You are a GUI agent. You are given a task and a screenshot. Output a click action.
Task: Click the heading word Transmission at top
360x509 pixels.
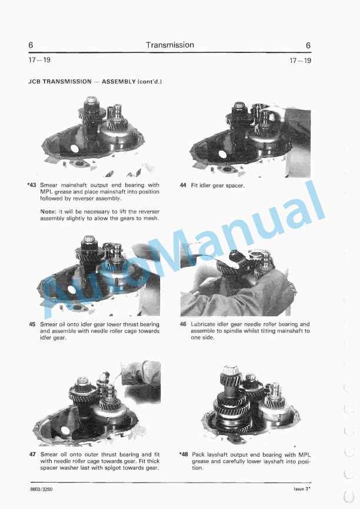pos(169,45)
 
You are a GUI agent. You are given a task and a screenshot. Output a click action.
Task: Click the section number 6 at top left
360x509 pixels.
pos(31,45)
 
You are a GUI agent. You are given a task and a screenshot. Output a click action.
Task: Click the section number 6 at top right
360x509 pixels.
pos(308,45)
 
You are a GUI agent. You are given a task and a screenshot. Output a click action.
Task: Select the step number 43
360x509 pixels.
pos(32,186)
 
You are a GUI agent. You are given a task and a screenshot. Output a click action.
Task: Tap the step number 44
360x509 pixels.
pos(183,186)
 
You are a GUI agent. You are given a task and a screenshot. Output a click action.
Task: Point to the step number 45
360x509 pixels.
pos(32,324)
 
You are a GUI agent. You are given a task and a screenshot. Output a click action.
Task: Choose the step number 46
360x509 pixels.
pos(183,324)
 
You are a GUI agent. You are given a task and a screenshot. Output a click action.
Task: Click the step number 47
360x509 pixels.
pos(32,454)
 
